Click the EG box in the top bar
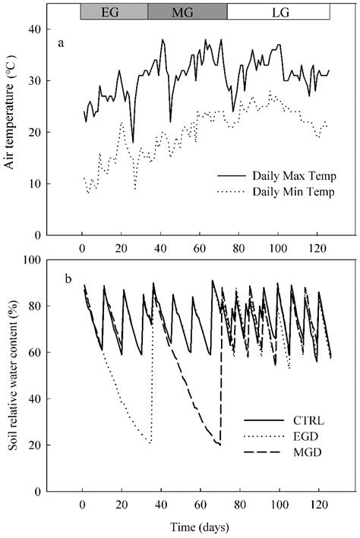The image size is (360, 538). pos(114,12)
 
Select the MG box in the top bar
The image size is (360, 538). pos(187,12)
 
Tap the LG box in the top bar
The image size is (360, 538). pos(278,12)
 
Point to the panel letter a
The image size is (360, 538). pos(62,43)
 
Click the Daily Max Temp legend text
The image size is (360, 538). pos(278,176)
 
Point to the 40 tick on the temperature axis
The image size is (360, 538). pos(43,29)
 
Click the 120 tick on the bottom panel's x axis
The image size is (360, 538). pos(317,504)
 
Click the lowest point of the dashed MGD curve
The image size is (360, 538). pos(219,445)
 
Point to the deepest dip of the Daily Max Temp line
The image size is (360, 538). pos(133,142)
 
